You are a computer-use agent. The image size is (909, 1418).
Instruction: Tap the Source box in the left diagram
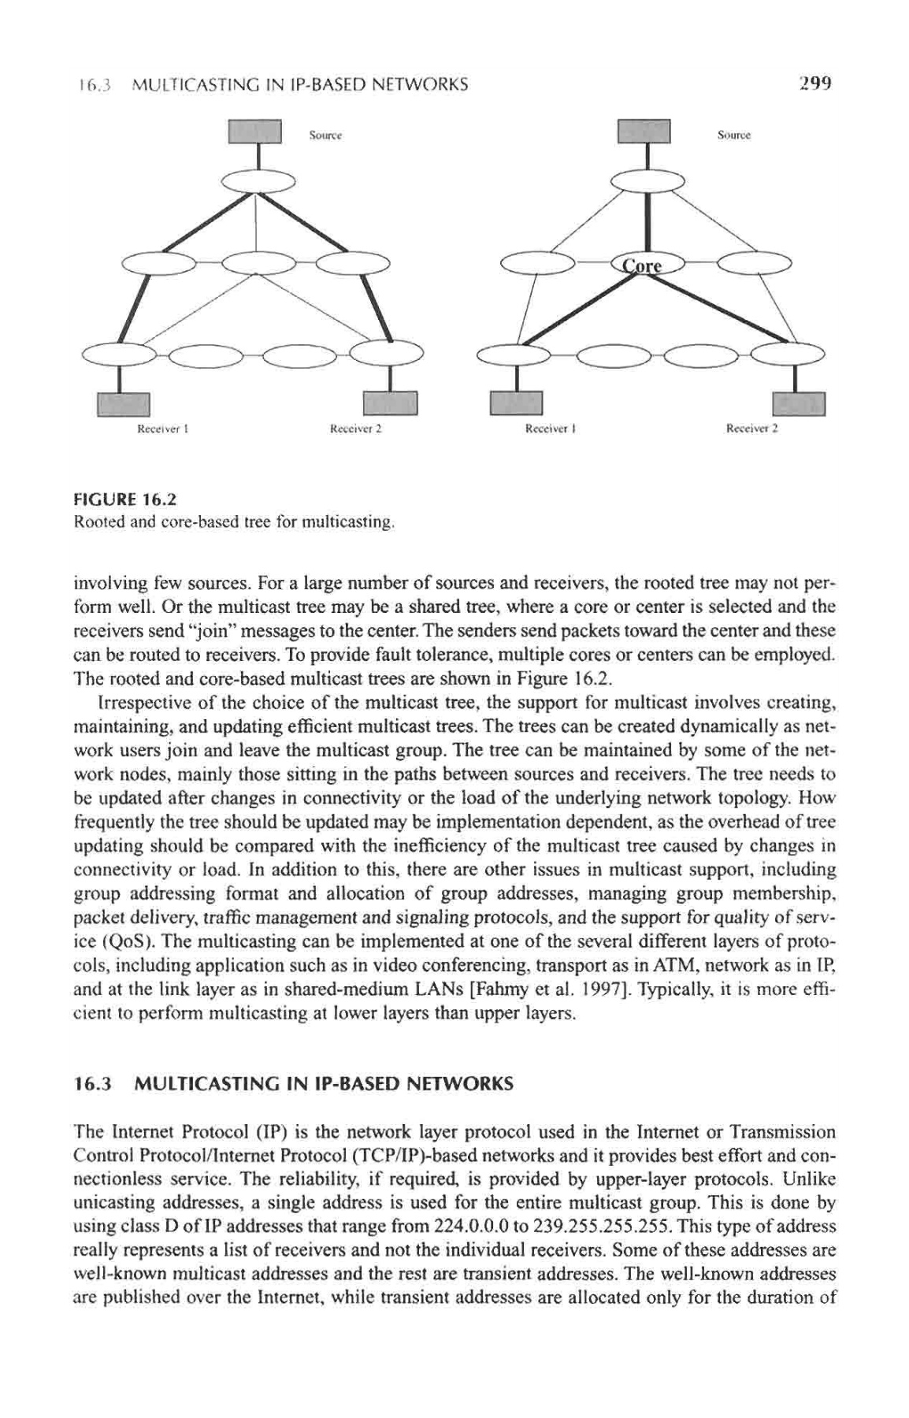pyautogui.click(x=254, y=132)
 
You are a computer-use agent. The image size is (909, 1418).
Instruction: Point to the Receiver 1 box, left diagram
pyautogui.click(x=122, y=403)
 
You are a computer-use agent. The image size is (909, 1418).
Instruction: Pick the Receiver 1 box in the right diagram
pyautogui.click(x=517, y=403)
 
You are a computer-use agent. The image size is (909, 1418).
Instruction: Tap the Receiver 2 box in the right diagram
pyautogui.click(x=798, y=403)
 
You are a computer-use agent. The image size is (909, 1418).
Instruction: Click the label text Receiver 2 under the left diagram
pyautogui.click(x=355, y=431)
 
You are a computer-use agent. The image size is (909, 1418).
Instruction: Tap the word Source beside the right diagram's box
pyautogui.click(x=734, y=135)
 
